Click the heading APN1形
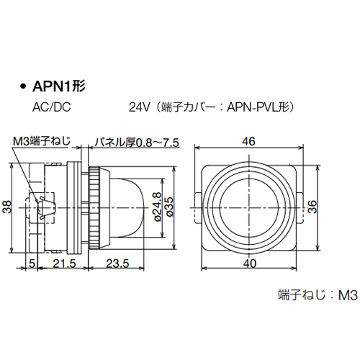[60, 87]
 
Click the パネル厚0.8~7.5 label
[137, 141]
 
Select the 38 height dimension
[8, 207]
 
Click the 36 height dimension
[312, 207]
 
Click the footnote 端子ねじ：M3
[317, 294]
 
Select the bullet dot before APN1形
[22, 88]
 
